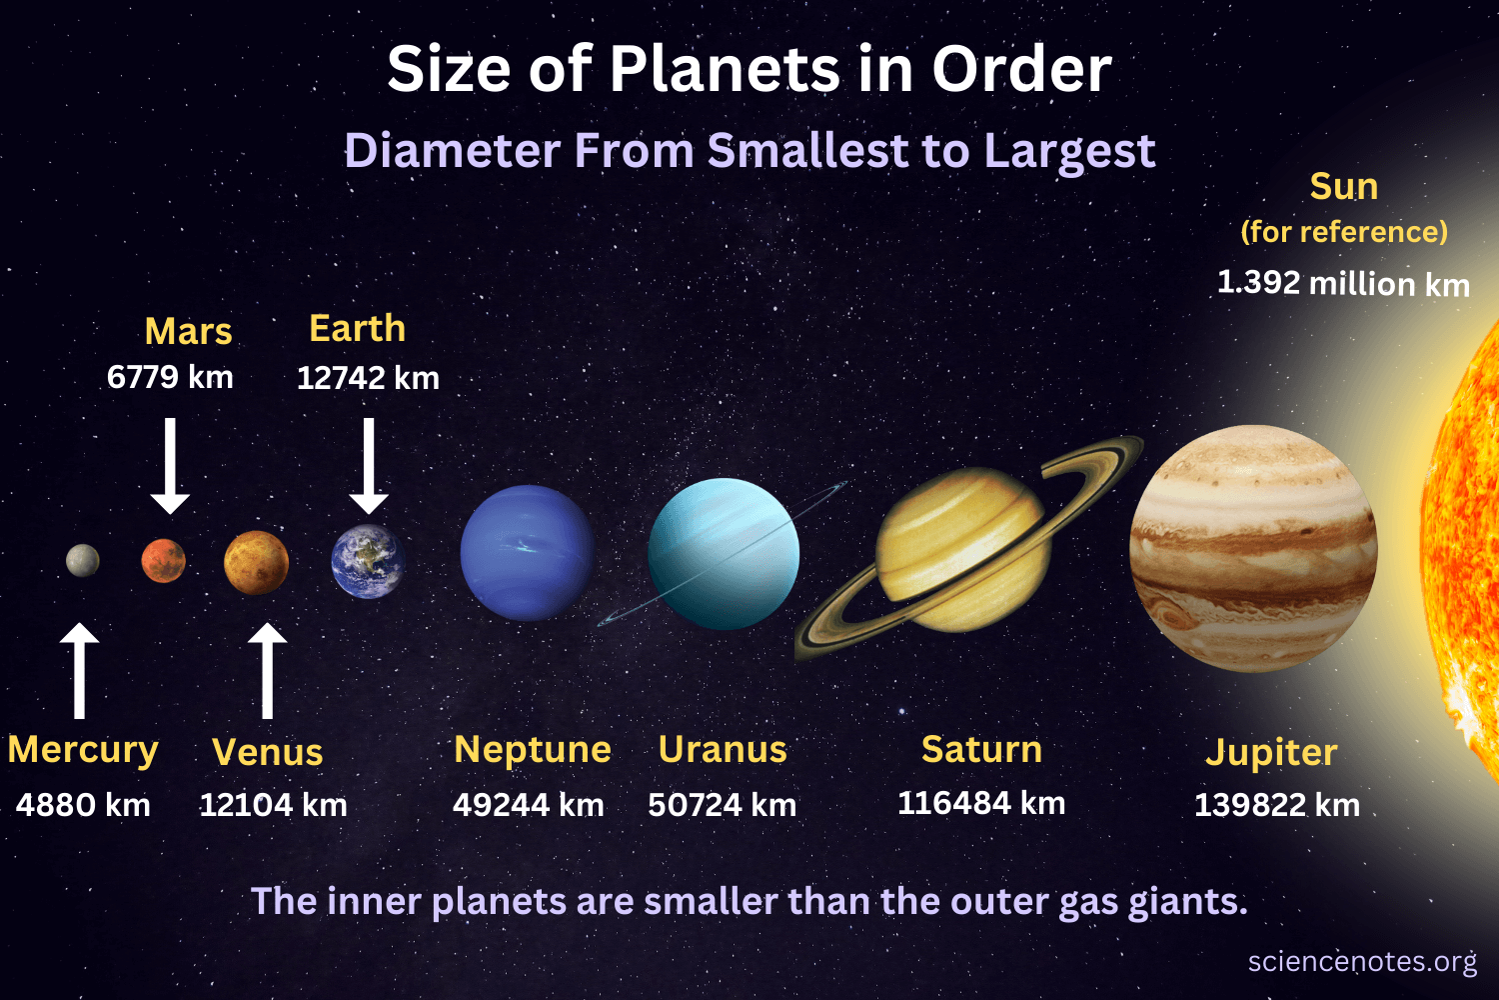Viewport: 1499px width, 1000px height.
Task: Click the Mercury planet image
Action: click(83, 561)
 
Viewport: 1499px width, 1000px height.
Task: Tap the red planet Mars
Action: click(164, 560)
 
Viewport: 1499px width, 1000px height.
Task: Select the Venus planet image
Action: click(257, 563)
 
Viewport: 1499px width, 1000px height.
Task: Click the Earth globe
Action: click(368, 561)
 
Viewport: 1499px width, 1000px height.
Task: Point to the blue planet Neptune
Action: click(527, 552)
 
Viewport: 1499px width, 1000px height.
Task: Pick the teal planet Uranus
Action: click(724, 554)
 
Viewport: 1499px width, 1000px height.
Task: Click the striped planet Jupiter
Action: click(1253, 548)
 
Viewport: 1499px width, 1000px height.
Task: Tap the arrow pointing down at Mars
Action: click(170, 465)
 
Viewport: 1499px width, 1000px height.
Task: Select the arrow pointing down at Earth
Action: click(369, 465)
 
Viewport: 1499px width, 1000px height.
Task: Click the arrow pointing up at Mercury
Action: click(80, 670)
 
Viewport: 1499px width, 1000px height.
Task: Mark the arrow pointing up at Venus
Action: click(267, 670)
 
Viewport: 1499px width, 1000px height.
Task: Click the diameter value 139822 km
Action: click(1277, 805)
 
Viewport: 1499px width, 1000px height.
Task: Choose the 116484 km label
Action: click(981, 803)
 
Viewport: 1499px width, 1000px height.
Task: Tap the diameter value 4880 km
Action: click(83, 805)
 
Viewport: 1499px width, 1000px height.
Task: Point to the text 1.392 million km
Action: click(1343, 283)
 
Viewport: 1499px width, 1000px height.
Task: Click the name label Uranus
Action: click(723, 750)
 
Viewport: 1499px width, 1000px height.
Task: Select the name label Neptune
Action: click(533, 750)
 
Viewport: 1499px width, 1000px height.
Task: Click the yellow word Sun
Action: click(1344, 187)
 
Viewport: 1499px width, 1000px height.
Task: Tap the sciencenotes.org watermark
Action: click(1362, 962)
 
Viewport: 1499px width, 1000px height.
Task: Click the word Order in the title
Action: click(1021, 70)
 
